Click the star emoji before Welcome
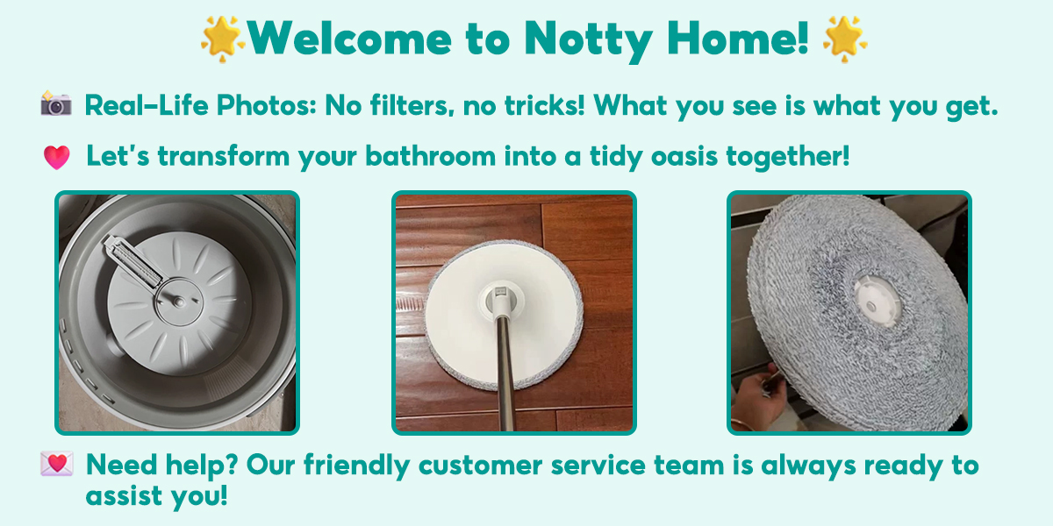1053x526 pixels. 221,37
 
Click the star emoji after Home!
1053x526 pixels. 844,37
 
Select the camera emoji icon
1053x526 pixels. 56,104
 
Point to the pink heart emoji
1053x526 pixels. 56,157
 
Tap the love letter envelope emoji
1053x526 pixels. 56,465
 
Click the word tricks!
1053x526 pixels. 537,106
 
